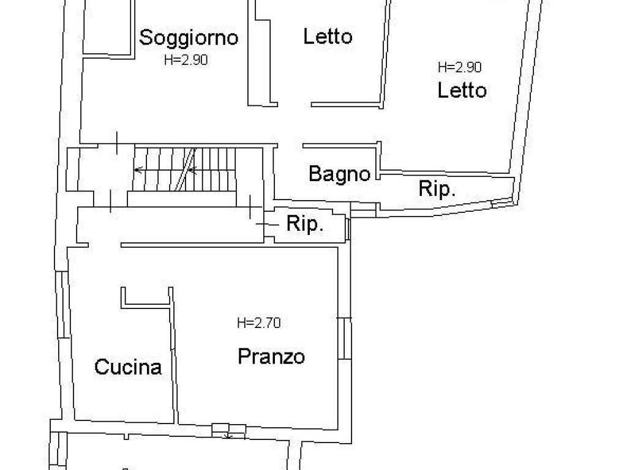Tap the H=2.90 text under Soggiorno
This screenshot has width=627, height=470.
[186, 60]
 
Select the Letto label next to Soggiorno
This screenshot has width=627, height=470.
[328, 36]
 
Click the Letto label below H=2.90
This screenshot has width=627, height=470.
[462, 90]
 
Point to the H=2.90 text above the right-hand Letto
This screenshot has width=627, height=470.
[460, 67]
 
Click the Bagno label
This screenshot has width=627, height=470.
[339, 174]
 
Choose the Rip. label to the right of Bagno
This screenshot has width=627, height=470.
[437, 188]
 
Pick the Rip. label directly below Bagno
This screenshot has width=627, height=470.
[305, 223]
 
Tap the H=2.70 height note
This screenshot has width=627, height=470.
[259, 323]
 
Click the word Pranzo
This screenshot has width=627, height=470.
[271, 356]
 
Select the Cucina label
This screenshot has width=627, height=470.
[128, 367]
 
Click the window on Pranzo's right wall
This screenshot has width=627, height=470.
[344, 338]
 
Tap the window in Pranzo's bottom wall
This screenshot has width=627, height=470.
[228, 431]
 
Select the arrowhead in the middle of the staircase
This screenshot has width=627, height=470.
[192, 170]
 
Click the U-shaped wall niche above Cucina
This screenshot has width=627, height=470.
[146, 298]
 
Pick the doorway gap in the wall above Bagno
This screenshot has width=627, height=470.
[290, 145]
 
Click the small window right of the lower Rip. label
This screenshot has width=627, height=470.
[348, 229]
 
